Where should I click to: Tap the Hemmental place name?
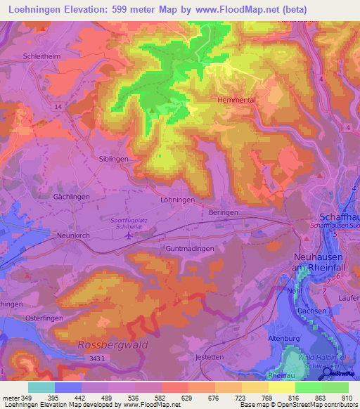[x=233, y=100]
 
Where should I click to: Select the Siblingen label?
[x=113, y=160]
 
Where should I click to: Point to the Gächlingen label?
[x=71, y=197]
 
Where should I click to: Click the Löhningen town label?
[x=176, y=200]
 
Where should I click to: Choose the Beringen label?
[x=224, y=212]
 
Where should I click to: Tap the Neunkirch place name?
[x=73, y=236]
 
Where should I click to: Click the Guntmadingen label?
[x=186, y=247]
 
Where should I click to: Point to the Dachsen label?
[x=311, y=311]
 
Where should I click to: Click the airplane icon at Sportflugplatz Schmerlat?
[x=127, y=235]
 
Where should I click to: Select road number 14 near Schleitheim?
[x=57, y=106]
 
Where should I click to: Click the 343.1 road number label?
[x=96, y=358]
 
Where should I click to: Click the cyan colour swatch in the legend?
[x=41, y=387]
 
